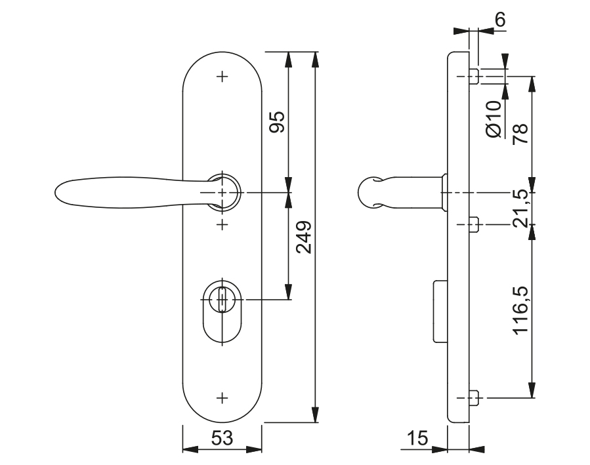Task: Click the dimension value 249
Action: (303, 237)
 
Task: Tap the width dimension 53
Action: (222, 437)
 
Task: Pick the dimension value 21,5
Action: (521, 209)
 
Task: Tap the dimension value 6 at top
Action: (499, 20)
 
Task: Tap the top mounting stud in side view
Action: (476, 77)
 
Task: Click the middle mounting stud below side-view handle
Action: (476, 226)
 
